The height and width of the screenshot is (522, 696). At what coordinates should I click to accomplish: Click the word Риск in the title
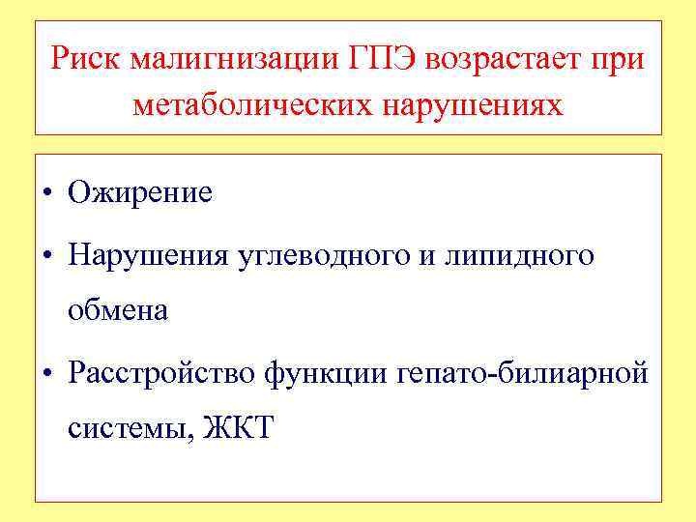86,60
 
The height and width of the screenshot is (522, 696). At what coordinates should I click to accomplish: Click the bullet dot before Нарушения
46,256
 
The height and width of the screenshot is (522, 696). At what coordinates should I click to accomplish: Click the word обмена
117,310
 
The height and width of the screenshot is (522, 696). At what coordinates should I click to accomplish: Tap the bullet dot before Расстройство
46,374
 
